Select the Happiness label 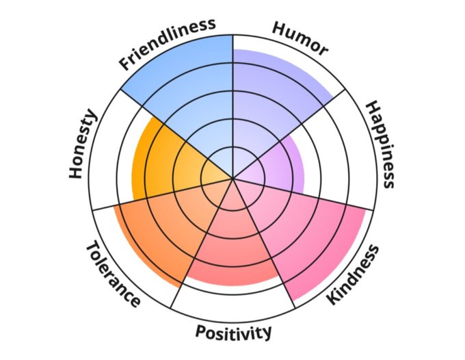(379, 144)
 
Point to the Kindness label (351, 274)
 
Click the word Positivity (233, 333)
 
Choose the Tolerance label (114, 274)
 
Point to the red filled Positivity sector (233, 246)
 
